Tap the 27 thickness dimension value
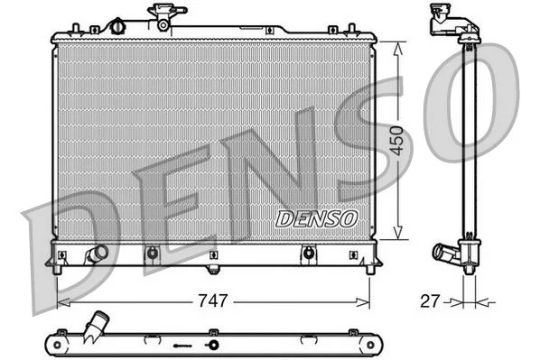[x=431, y=300]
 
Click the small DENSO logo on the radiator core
[x=316, y=218]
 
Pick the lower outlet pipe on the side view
[x=445, y=253]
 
